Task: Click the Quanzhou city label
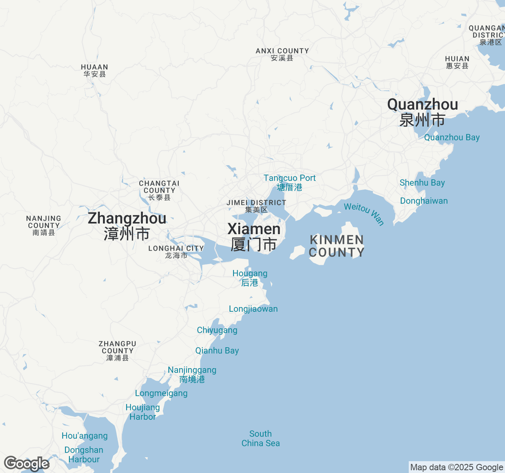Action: point(423,112)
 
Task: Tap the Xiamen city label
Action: point(254,236)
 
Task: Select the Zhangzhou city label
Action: point(127,226)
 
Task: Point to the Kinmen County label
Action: point(337,246)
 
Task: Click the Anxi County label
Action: point(282,54)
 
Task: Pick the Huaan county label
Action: point(94,71)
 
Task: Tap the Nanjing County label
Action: point(43,225)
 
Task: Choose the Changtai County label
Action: point(159,190)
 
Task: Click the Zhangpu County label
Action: point(118,351)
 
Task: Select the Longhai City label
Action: point(176,251)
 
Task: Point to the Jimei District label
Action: point(256,206)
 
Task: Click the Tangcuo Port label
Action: point(290,182)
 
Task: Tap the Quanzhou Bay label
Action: point(452,138)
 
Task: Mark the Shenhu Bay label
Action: point(422,183)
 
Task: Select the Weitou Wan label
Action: point(364,214)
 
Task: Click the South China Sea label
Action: point(260,439)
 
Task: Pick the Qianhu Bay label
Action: point(217,350)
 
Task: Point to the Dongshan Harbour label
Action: point(84,454)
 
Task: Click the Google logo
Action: point(26,464)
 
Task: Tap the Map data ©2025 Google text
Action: point(456,467)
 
